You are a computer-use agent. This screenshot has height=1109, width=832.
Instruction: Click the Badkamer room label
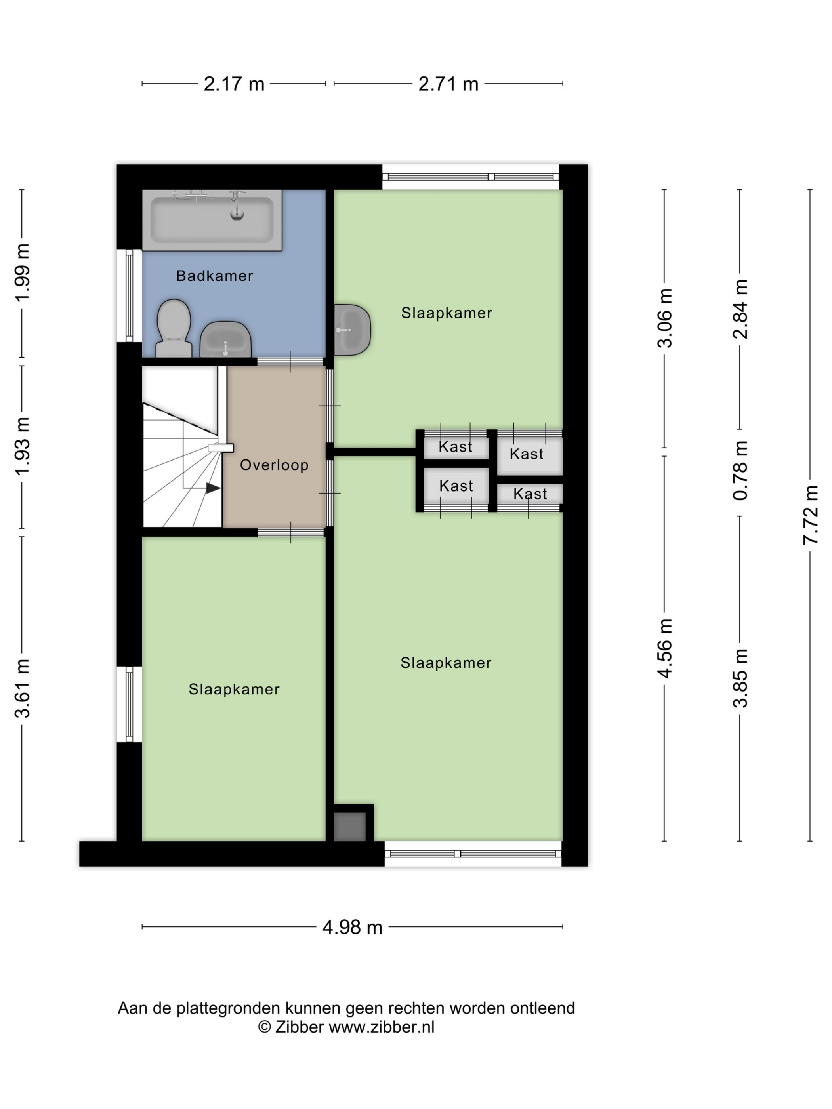pyautogui.click(x=214, y=276)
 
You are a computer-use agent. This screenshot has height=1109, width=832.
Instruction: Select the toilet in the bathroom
pyautogui.click(x=174, y=328)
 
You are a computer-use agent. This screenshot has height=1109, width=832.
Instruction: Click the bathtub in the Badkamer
pyautogui.click(x=212, y=219)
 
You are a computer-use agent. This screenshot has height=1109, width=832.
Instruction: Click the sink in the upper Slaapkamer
pyautogui.click(x=352, y=330)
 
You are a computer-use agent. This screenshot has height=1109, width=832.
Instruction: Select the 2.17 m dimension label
pyautogui.click(x=234, y=84)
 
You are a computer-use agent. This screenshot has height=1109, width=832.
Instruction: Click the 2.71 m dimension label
pyautogui.click(x=448, y=84)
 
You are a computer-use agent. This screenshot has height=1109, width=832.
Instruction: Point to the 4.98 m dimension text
pyautogui.click(x=352, y=927)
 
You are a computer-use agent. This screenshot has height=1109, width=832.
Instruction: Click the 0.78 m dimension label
pyautogui.click(x=740, y=470)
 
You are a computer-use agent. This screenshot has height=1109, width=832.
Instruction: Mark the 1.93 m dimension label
pyautogui.click(x=22, y=446)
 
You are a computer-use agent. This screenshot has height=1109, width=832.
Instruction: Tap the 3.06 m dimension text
pyautogui.click(x=665, y=318)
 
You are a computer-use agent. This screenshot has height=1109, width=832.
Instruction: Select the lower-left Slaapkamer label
pyautogui.click(x=234, y=690)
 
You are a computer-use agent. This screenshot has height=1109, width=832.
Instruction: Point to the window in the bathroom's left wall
pyautogui.click(x=130, y=296)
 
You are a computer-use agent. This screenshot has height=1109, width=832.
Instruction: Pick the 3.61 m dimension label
pyautogui.click(x=22, y=688)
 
